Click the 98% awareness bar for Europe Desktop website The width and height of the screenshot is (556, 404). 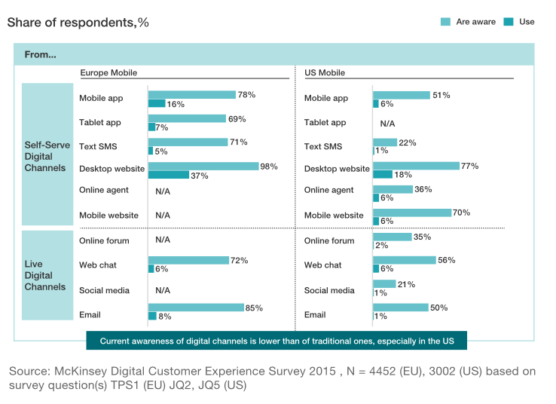point(202,166)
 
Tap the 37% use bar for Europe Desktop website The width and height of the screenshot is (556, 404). point(168,175)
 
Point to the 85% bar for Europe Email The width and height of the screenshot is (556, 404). point(196,308)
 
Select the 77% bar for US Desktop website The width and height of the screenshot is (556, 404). point(416,165)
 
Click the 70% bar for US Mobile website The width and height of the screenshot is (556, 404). point(412,213)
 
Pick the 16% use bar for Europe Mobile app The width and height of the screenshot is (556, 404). point(157,103)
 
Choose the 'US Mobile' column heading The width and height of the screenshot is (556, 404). point(325,72)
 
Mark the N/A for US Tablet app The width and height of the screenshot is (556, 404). point(387,123)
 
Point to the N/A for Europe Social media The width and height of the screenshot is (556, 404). point(163,290)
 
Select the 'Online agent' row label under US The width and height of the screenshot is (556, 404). point(328,190)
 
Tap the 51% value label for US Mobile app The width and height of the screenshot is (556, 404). point(441,95)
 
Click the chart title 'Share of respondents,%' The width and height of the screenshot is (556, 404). point(78,22)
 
